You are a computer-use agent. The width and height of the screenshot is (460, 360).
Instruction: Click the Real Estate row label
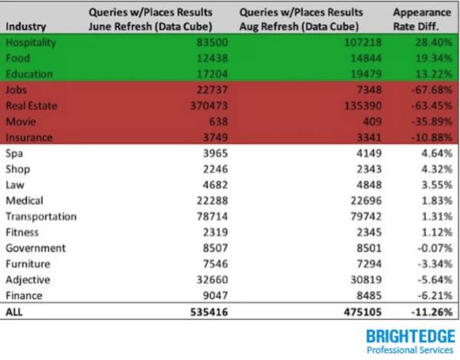30,106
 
